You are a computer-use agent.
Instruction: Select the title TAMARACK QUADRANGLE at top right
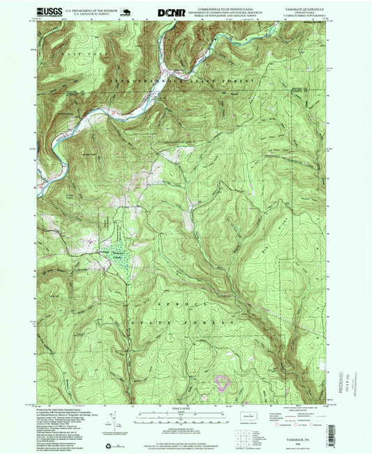[300, 9]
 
